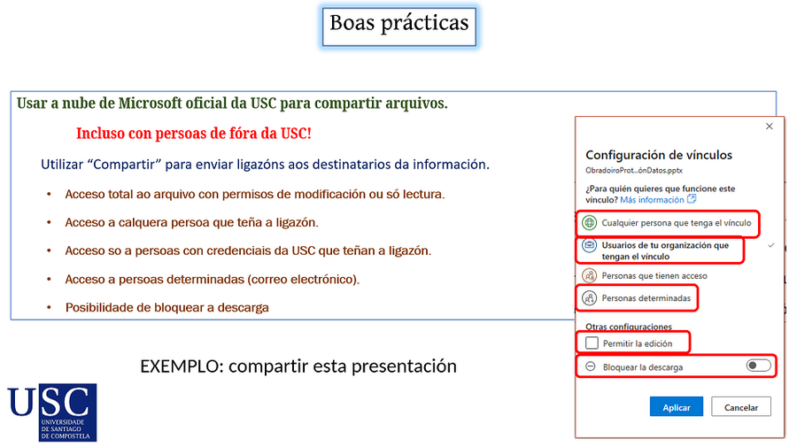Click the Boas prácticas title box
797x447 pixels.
coord(398,24)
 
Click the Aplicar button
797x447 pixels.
coord(677,407)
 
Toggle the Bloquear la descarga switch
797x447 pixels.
coord(758,366)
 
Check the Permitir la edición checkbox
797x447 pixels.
coord(592,343)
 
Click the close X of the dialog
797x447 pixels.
coord(769,127)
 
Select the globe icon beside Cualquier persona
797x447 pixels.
coord(590,223)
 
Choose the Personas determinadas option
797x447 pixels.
coord(646,298)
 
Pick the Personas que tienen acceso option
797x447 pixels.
coord(654,275)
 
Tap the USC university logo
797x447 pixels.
coord(52,412)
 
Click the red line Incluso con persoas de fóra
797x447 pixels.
coord(194,134)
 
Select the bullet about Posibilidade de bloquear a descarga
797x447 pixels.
coord(166,307)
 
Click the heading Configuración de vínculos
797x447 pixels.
coord(659,155)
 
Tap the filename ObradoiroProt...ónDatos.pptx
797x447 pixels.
coord(634,170)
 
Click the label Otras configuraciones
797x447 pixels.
coord(629,327)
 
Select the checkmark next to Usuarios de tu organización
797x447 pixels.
coord(771,245)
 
